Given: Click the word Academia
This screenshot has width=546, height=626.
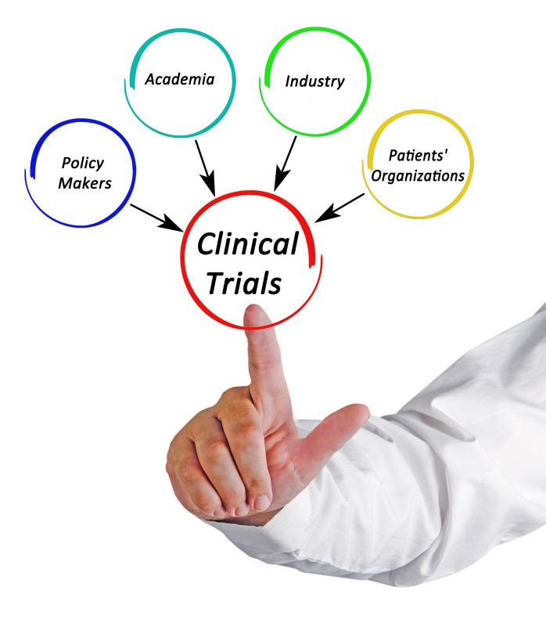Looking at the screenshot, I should (180, 79).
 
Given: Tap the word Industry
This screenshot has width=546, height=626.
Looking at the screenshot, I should (314, 81).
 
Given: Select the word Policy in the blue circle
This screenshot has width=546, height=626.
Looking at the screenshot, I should (82, 164).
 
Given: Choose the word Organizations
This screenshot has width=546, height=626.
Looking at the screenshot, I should (418, 175).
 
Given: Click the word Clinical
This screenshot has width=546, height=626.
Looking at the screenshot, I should (247, 245).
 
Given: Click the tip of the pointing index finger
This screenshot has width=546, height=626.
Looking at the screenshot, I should (255, 314).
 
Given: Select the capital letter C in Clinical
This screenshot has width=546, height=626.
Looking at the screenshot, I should (206, 245).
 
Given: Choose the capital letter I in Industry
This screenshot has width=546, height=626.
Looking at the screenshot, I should (289, 81).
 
